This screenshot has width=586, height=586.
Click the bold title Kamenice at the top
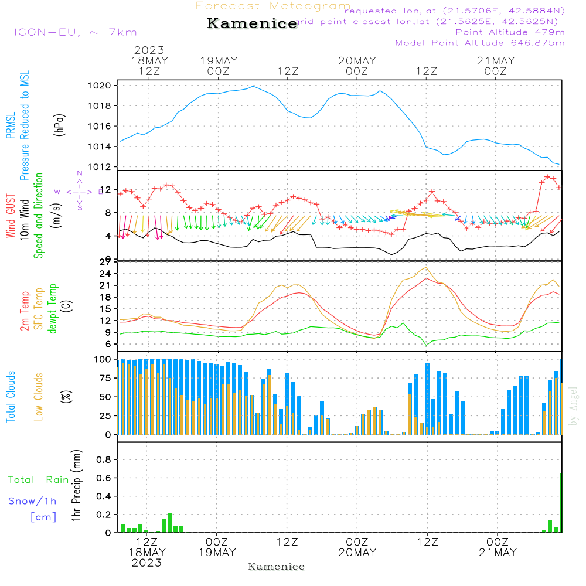[x=252, y=24]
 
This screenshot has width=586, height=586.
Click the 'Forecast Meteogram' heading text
[x=273, y=6]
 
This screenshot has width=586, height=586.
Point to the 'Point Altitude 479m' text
[x=510, y=32]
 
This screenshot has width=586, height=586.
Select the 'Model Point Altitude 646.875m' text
[x=480, y=43]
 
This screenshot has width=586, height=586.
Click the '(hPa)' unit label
[x=60, y=124]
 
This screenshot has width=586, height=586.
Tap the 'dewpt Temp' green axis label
[x=52, y=309]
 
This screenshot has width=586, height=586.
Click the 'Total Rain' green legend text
[x=39, y=480]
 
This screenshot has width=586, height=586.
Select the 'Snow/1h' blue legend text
[x=32, y=501]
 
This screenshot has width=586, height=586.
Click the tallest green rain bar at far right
[x=561, y=503]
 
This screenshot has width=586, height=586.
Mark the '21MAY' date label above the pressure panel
[x=495, y=61]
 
